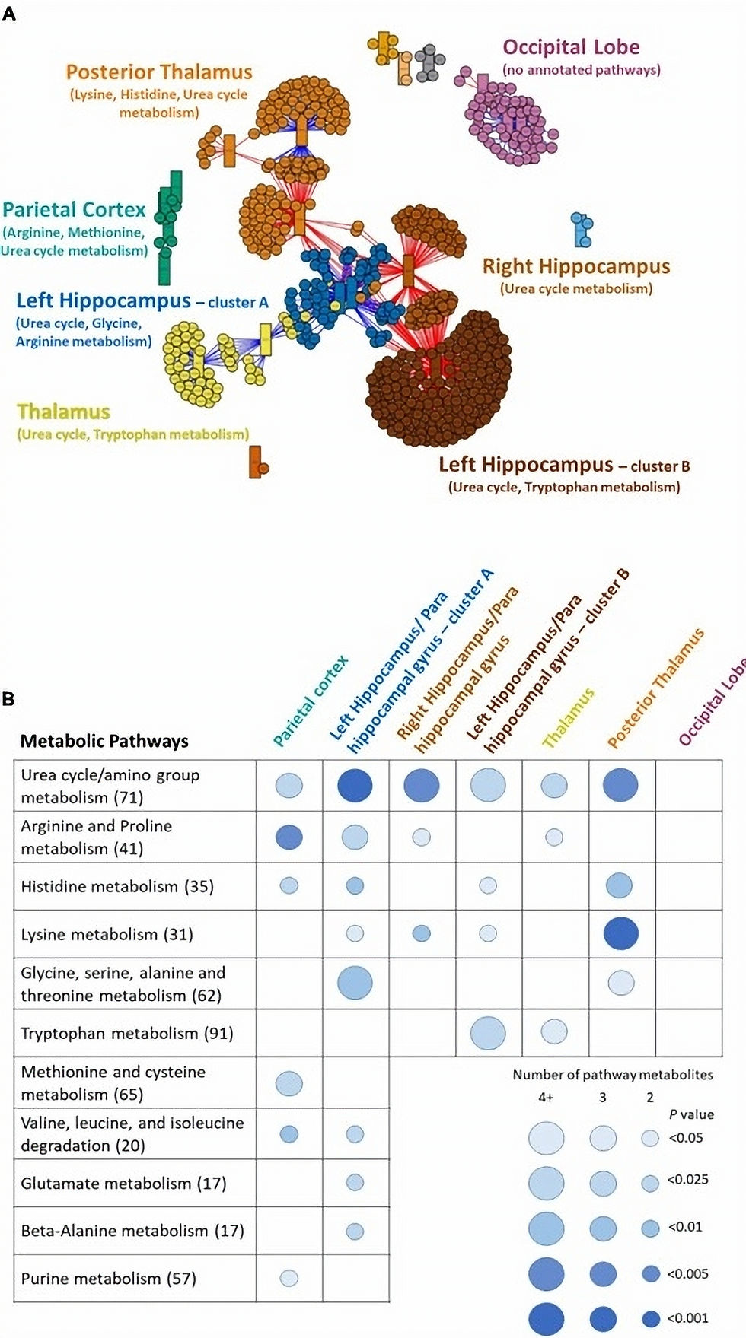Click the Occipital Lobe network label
click(x=571, y=47)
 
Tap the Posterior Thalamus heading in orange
click(x=158, y=72)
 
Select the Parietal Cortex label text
click(x=74, y=210)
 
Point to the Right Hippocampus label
click(x=576, y=266)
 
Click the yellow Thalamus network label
click(x=63, y=412)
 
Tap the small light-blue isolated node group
click(x=582, y=230)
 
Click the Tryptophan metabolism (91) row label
click(x=126, y=1033)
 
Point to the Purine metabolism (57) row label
click(x=108, y=1278)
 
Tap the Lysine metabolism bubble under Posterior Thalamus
click(x=620, y=933)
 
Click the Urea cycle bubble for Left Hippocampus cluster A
click(x=355, y=785)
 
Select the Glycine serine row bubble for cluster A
click(x=355, y=983)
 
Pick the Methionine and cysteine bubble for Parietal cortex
click(x=289, y=1083)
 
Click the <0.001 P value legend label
click(x=687, y=1317)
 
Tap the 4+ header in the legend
click(x=546, y=1097)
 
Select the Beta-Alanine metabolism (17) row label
click(x=132, y=1230)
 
